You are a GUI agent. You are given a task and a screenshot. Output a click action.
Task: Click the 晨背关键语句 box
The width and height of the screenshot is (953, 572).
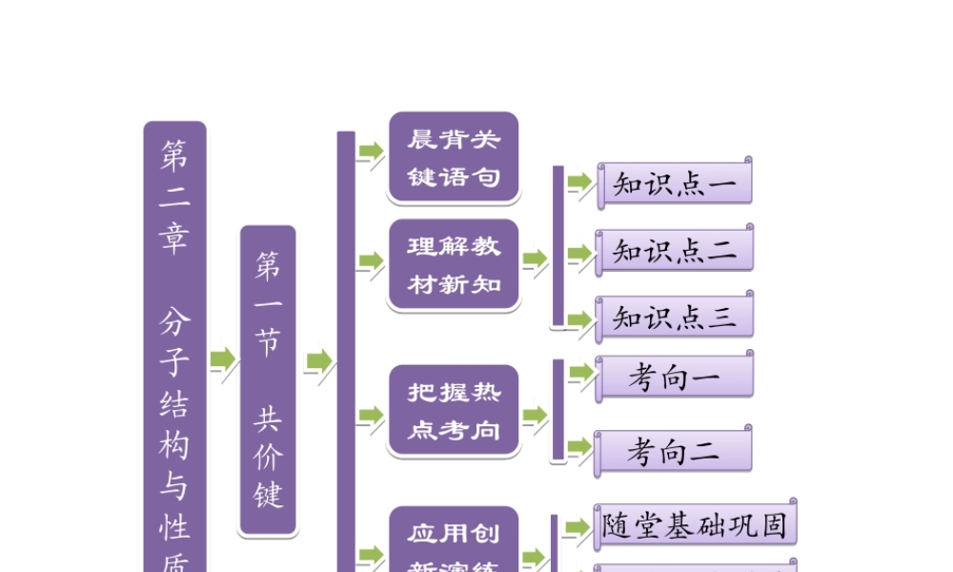[454, 157]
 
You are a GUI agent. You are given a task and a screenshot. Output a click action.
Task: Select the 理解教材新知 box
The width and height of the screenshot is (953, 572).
[454, 265]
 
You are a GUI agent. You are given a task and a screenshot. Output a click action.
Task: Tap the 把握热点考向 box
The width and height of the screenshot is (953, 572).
[454, 411]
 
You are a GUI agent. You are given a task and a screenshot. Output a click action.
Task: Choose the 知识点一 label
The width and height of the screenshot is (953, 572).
[675, 185]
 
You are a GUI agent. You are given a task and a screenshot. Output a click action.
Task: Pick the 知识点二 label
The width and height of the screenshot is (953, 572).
[675, 251]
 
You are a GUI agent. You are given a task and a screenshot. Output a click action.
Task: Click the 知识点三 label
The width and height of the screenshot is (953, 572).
[675, 317]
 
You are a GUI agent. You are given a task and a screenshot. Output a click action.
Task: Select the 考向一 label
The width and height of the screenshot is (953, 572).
[675, 378]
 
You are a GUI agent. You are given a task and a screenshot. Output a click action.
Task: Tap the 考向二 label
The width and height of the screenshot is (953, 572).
[675, 452]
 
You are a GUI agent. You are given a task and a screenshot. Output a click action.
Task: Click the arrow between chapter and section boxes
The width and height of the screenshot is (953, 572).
[223, 360]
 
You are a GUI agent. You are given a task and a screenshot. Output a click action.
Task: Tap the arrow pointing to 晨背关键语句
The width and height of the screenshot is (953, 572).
[370, 152]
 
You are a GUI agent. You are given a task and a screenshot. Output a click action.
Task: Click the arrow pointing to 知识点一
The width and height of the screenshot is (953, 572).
[579, 182]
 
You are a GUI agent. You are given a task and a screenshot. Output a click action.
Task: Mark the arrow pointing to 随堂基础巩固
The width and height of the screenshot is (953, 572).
[578, 527]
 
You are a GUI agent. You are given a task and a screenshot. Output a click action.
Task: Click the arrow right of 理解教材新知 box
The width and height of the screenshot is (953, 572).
[535, 258]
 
